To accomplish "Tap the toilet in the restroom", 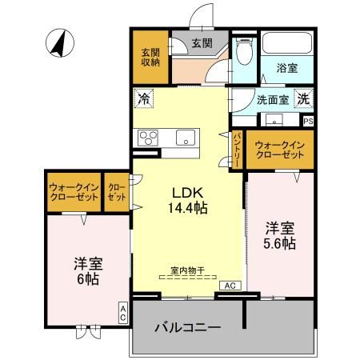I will (x=245, y=50).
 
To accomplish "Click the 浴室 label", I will (x=288, y=69).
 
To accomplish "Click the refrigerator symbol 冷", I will (x=144, y=98).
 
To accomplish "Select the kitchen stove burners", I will (x=148, y=137).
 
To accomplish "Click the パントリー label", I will (x=238, y=149).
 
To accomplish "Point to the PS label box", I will (x=308, y=121).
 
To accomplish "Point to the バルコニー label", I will (x=187, y=328).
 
